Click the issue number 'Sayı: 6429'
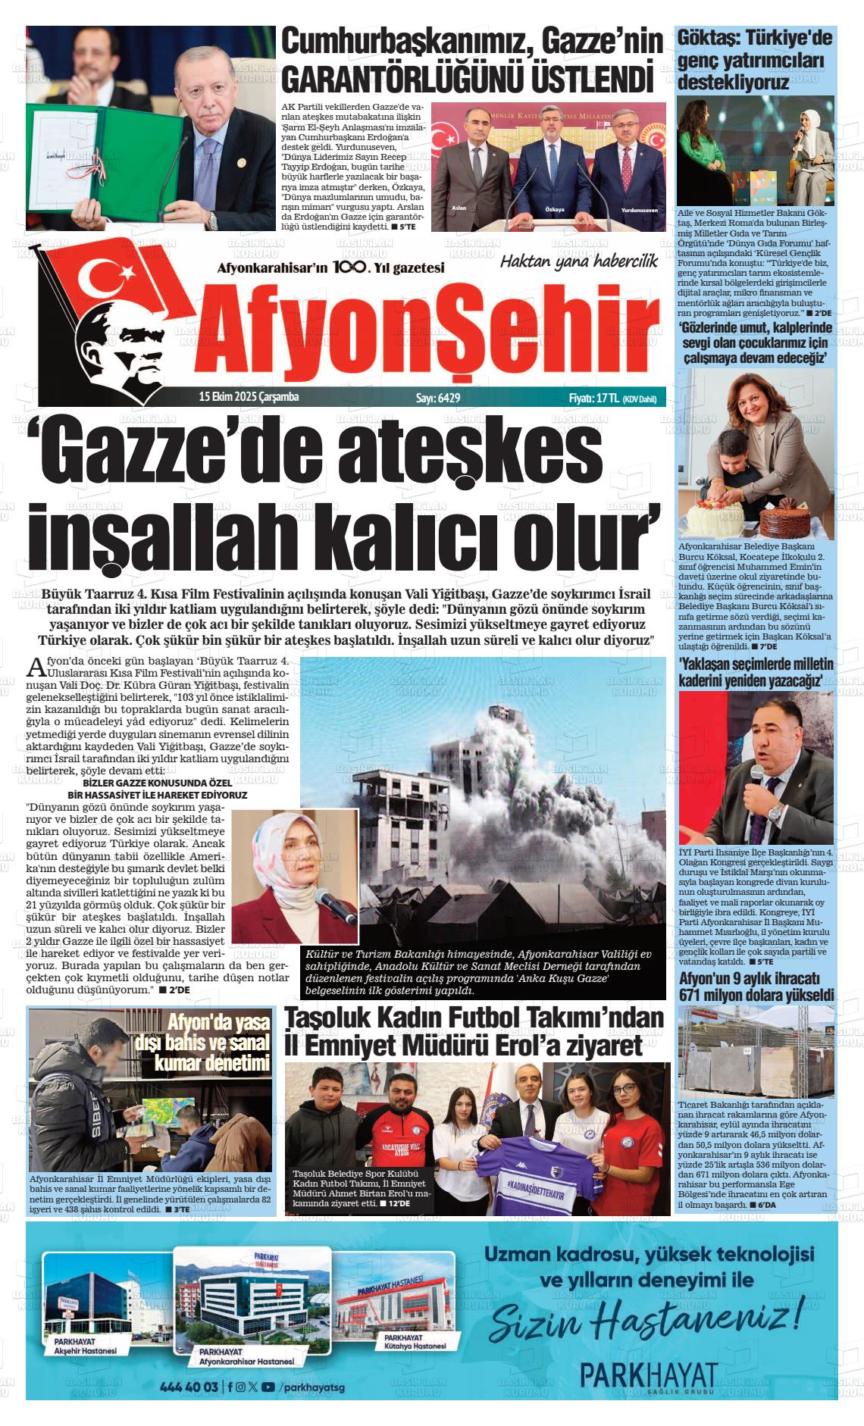point(438,398)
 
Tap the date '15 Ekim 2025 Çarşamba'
point(249,397)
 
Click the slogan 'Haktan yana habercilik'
point(578,261)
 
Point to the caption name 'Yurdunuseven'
point(639,209)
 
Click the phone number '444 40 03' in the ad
point(189,1387)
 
